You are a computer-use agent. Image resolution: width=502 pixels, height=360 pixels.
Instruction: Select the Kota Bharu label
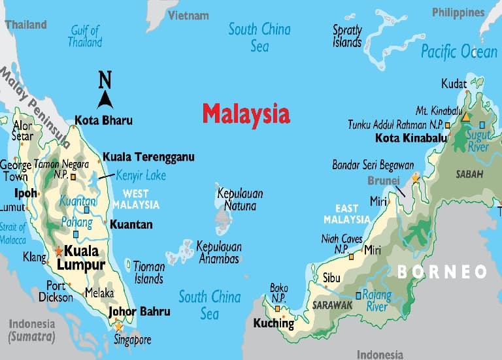[103, 120]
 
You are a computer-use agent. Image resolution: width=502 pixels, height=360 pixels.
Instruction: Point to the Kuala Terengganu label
[148, 157]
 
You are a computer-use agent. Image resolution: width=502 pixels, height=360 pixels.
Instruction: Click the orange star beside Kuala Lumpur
[59, 251]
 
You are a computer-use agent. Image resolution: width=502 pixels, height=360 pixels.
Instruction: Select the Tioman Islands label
[148, 272]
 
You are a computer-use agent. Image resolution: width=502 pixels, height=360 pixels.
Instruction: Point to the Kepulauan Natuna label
[236, 198]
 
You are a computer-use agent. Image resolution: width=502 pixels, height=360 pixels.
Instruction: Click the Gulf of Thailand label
[84, 36]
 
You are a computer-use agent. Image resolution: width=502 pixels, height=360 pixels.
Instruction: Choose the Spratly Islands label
[347, 36]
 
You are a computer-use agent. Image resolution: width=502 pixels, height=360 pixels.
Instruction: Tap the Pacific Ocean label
[459, 51]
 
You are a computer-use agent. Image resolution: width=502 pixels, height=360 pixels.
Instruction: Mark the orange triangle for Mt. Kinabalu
[466, 118]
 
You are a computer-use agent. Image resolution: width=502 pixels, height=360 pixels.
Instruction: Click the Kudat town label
[454, 84]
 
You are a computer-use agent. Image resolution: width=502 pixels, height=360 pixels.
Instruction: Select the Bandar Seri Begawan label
[373, 165]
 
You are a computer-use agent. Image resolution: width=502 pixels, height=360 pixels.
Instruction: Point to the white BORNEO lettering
[443, 271]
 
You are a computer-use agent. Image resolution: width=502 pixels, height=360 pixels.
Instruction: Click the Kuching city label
[274, 323]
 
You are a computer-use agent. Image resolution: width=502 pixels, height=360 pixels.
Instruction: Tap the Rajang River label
[377, 301]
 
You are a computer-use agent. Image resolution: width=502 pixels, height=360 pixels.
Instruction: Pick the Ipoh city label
[25, 193]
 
